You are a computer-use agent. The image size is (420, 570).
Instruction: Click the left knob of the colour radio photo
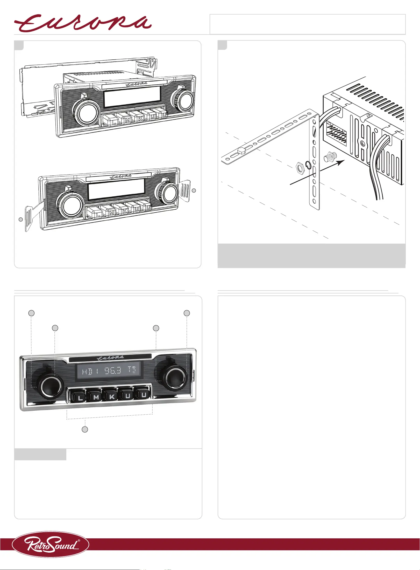pos(51,387)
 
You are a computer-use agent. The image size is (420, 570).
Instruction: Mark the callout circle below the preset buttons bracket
pos(85,429)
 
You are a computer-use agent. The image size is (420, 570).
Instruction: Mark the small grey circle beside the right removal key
pos(194,190)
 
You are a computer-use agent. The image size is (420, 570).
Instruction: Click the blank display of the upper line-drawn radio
pos(132,97)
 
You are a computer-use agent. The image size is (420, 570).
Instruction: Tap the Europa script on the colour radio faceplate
pos(110,358)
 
